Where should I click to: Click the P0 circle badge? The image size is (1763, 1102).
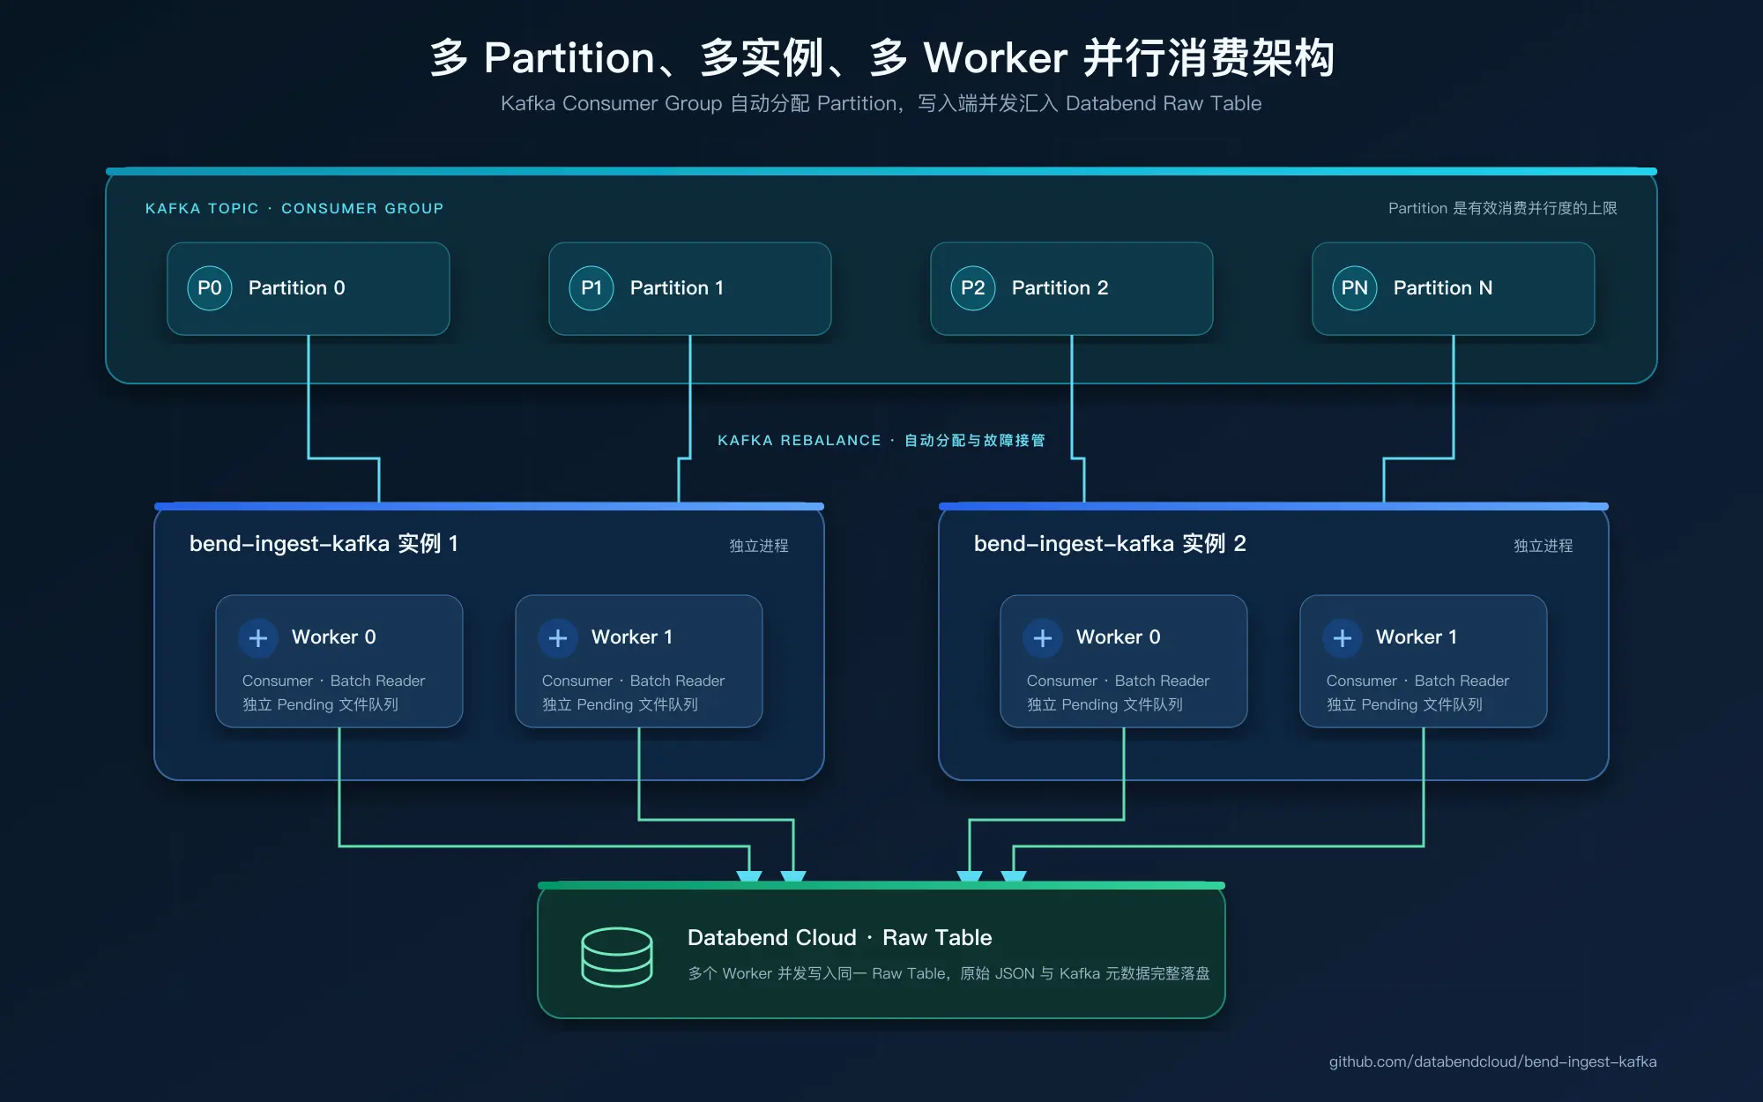point(210,288)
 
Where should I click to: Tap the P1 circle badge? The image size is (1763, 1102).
point(591,288)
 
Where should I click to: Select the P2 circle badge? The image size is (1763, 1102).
point(973,288)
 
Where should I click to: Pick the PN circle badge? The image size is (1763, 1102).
point(1355,288)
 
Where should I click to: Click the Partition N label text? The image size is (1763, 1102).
point(1443,288)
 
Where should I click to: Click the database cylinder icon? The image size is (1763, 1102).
point(617,957)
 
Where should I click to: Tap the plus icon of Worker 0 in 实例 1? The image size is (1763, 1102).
point(258,637)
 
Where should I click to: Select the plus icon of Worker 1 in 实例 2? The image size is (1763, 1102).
point(1343,637)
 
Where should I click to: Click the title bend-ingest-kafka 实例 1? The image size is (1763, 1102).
point(324,544)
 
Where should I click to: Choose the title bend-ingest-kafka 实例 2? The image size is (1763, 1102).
point(1110,544)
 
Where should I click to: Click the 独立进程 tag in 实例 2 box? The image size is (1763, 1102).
point(1544,546)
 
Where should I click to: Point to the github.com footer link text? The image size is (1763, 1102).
point(1493,1061)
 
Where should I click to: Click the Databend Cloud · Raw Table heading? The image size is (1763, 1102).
point(840,937)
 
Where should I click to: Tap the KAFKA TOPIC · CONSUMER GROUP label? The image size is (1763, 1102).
point(294,208)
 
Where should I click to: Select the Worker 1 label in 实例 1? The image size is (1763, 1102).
point(632,637)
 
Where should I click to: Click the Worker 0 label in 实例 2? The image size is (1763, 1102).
point(1119,637)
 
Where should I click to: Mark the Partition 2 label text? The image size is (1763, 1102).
point(1060,288)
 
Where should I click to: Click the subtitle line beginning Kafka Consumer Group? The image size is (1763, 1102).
point(881,103)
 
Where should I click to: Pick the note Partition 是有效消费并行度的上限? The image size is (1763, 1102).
point(1503,208)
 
